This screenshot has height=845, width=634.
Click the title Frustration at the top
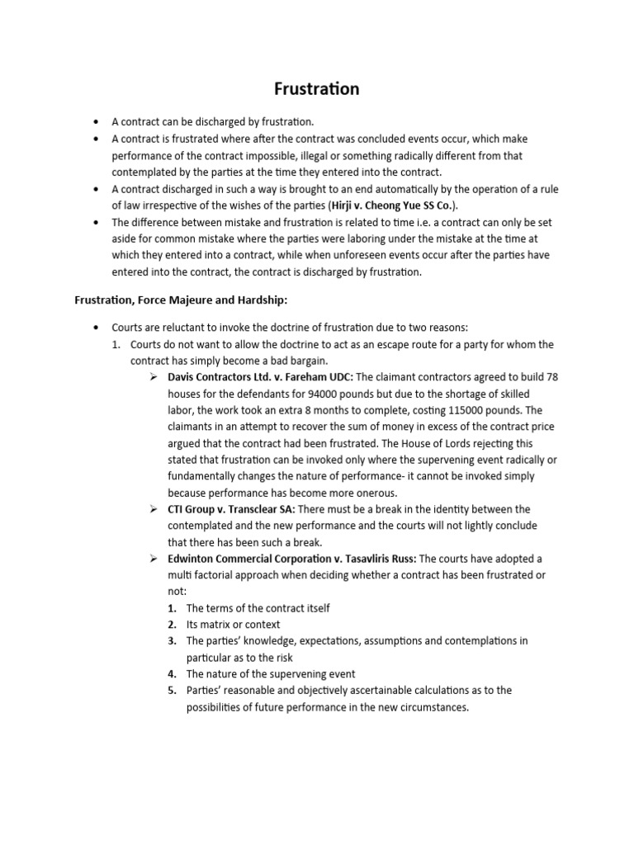(x=317, y=88)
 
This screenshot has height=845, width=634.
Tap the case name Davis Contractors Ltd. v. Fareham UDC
(x=260, y=376)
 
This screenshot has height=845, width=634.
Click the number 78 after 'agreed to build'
(x=551, y=376)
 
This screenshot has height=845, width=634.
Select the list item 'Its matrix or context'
(x=233, y=624)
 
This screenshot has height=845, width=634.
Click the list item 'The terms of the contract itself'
(x=258, y=607)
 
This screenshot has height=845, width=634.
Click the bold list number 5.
(x=173, y=690)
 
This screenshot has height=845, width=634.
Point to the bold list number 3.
(x=173, y=640)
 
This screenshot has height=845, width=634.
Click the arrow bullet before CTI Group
(x=154, y=508)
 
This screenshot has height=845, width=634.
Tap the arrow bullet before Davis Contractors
(x=154, y=376)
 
